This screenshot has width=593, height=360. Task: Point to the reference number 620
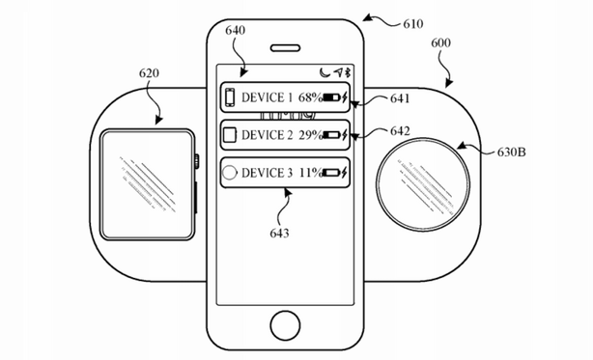[149, 73]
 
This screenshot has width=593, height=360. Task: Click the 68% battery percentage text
[310, 98]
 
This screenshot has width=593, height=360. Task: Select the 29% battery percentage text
[310, 134]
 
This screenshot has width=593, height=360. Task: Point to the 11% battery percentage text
[310, 173]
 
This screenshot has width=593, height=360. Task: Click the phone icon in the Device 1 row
[231, 98]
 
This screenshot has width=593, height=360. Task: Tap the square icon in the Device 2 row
[230, 134]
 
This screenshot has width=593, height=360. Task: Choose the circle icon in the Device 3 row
[230, 174]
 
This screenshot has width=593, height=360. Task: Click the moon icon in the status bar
[323, 72]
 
